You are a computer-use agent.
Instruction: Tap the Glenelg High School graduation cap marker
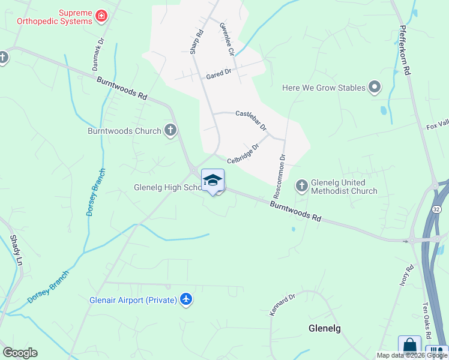(x=212, y=180)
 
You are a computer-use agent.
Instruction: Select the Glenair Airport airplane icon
(x=186, y=299)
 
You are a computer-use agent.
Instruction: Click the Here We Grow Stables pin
(x=375, y=88)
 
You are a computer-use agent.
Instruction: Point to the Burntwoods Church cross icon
(x=170, y=130)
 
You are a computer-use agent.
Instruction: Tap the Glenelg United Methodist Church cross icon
(x=302, y=186)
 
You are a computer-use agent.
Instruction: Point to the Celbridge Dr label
(x=243, y=154)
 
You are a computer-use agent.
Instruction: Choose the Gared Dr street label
(x=218, y=73)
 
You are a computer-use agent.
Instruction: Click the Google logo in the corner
(x=20, y=353)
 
